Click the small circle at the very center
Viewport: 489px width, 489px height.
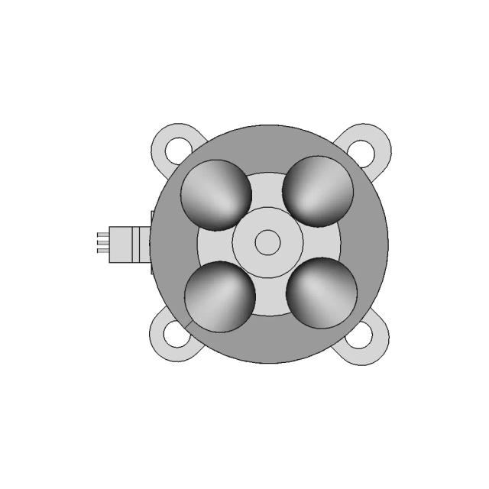coord(267,243)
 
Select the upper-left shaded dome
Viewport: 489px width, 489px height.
coord(216,195)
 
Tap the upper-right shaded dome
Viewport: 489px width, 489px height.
coord(318,192)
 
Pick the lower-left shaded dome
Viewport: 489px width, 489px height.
coord(220,296)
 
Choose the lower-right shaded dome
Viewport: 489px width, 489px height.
coord(322,293)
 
